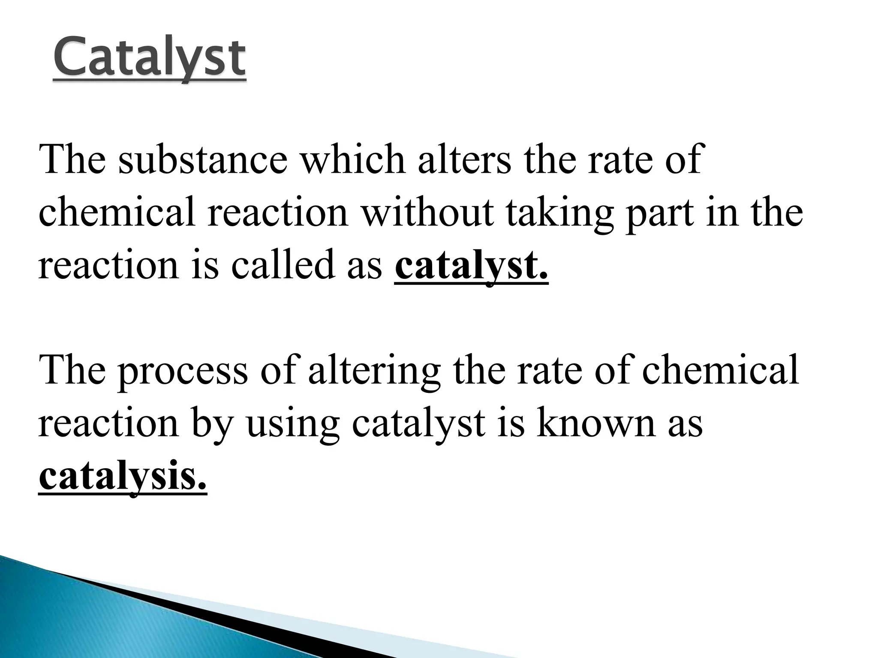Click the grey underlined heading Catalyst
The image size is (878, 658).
pyautogui.click(x=150, y=57)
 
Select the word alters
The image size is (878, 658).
pyautogui.click(x=464, y=160)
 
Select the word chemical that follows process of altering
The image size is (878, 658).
pyautogui.click(x=720, y=369)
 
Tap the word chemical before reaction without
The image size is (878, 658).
pyautogui.click(x=117, y=213)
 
